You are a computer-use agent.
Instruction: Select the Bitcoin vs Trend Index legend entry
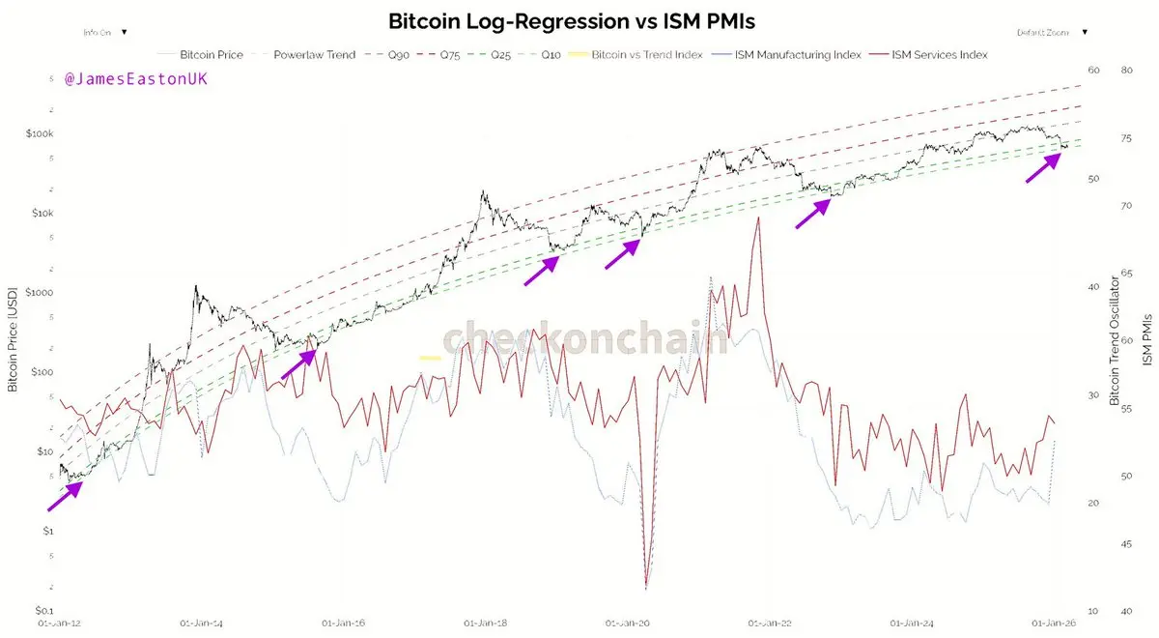[645, 55]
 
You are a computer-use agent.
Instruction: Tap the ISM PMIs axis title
[1147, 338]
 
